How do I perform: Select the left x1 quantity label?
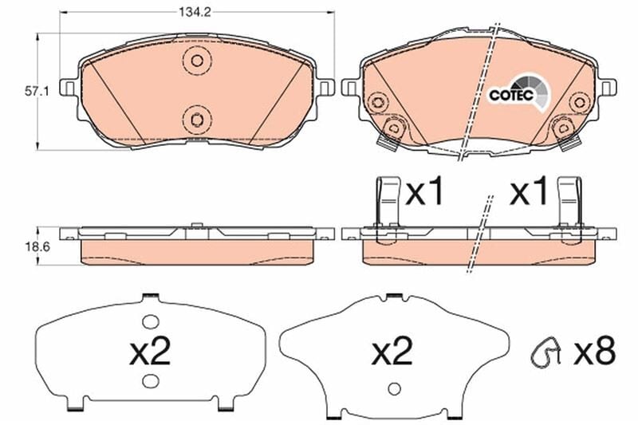(x=424, y=192)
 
